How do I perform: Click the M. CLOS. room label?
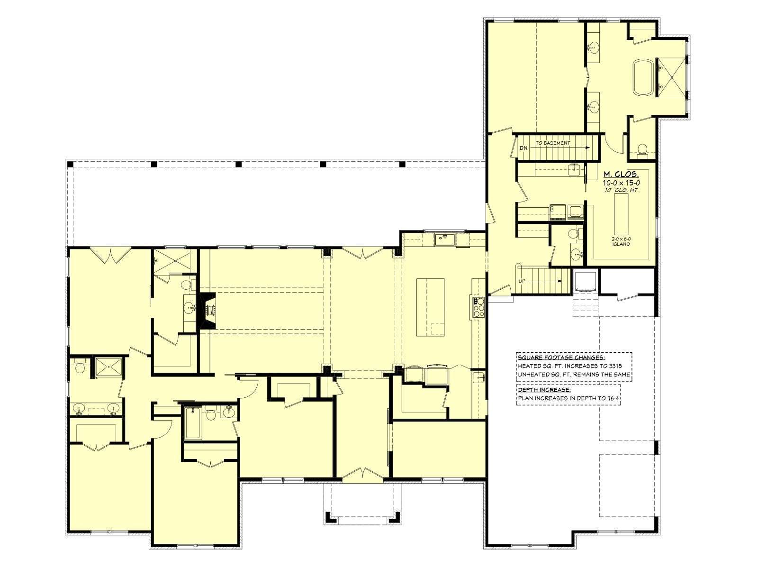pyautogui.click(x=621, y=174)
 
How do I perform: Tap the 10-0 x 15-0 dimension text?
pyautogui.click(x=621, y=183)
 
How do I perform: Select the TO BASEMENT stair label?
pyautogui.click(x=553, y=143)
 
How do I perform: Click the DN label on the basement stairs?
pyautogui.click(x=523, y=148)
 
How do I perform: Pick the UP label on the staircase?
pyautogui.click(x=522, y=281)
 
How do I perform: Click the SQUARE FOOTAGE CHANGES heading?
pyautogui.click(x=561, y=358)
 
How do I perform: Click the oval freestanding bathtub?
pyautogui.click(x=643, y=77)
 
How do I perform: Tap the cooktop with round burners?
pyautogui.click(x=478, y=307)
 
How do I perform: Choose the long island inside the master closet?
pyautogui.click(x=621, y=214)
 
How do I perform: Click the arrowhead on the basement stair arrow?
pyautogui.click(x=588, y=147)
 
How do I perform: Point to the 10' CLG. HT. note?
pyautogui.click(x=621, y=190)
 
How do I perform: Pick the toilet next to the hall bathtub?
pyautogui.click(x=211, y=414)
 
